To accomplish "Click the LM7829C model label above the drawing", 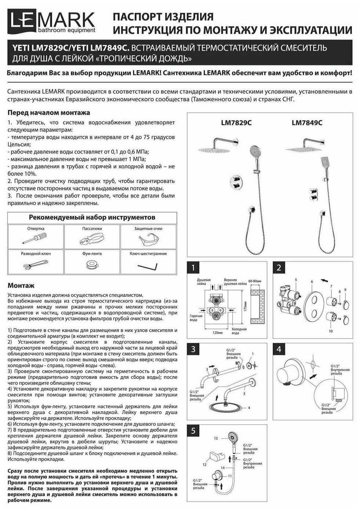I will tap(236, 123).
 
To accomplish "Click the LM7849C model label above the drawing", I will tap(307, 123).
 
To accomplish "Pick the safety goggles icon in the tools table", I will tap(148, 239).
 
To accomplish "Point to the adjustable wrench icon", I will tap(36, 264).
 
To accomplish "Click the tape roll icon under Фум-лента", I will tap(92, 264).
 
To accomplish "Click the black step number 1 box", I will tap(193, 268).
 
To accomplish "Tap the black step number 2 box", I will tap(279, 268).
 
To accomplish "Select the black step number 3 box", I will tap(193, 349).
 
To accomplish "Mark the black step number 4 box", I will tap(279, 349).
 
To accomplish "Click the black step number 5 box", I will tap(193, 431).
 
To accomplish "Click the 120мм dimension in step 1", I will tap(218, 332).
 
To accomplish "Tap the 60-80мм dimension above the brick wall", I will tap(255, 281).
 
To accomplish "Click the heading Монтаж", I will tap(21, 286).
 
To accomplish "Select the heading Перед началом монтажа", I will tap(48, 113).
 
